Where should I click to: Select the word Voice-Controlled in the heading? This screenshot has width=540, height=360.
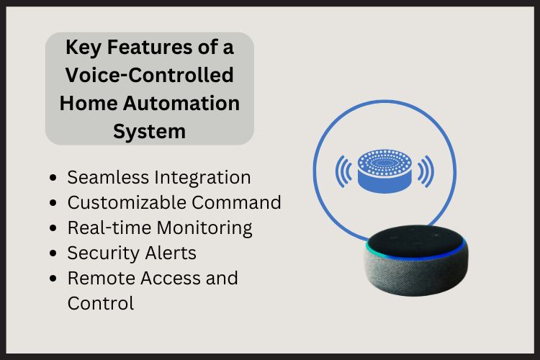(150, 76)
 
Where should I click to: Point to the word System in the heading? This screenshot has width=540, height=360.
(150, 131)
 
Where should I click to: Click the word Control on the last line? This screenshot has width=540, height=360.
(101, 303)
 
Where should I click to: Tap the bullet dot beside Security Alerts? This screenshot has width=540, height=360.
(55, 254)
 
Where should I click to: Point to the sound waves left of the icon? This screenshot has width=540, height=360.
(343, 171)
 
